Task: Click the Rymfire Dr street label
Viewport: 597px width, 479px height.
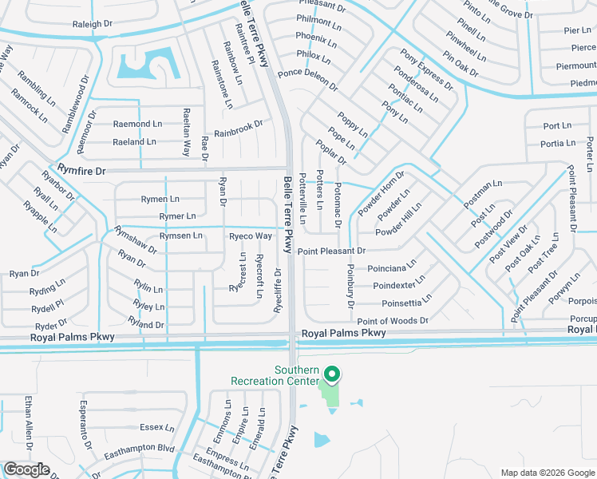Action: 69,169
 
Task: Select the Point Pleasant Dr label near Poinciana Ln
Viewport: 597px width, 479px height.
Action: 331,251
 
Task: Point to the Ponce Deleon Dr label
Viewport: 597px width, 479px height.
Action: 308,81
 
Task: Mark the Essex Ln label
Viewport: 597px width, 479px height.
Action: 151,428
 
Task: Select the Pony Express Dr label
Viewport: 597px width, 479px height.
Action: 426,68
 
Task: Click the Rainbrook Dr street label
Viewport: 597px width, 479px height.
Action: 238,126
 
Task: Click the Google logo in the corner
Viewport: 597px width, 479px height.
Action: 27,469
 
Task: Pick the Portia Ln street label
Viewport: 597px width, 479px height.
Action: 559,144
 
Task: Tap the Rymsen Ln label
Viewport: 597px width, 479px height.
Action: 180,236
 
